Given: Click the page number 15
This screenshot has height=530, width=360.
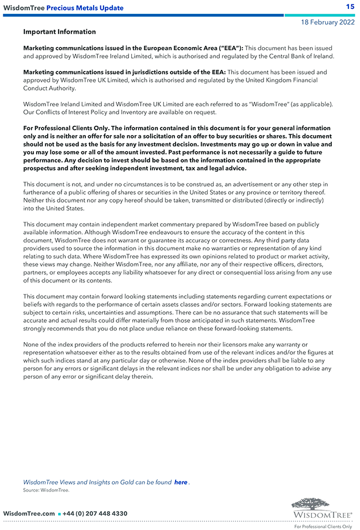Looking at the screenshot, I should [350, 7].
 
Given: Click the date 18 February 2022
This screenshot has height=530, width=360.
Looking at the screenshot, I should [328, 23].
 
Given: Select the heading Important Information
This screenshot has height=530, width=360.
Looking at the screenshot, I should [59, 32].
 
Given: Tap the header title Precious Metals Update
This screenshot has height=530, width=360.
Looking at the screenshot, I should [85, 8].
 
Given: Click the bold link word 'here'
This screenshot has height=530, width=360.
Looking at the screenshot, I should [181, 482].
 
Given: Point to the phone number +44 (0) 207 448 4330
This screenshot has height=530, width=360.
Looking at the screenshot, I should [95, 513].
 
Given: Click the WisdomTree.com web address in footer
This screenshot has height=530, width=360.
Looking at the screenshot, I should [29, 513].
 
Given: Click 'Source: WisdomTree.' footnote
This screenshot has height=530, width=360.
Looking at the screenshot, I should [46, 490].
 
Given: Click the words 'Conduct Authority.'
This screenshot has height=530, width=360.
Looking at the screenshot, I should [49, 88].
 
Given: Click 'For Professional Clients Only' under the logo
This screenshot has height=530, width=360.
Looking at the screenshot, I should [323, 527].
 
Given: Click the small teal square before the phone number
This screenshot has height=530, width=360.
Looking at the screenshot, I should [59, 514].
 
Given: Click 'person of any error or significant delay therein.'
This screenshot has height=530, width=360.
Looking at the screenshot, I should [88, 377].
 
